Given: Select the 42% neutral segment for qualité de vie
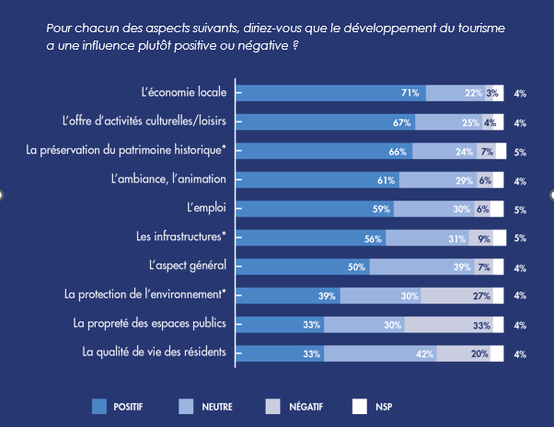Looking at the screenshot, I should pos(380,353).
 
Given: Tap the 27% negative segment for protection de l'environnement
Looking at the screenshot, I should pos(457,295).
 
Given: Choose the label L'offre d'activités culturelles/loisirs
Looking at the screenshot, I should pos(150,121).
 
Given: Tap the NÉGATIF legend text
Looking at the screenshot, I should pos(308,406).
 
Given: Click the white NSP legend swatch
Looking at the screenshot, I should pos(361,405).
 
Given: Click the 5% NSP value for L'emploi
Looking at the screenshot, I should pos(520,210).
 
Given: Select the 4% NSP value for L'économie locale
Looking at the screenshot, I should pos(520,94).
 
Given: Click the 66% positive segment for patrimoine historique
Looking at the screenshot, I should pos(326,151).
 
